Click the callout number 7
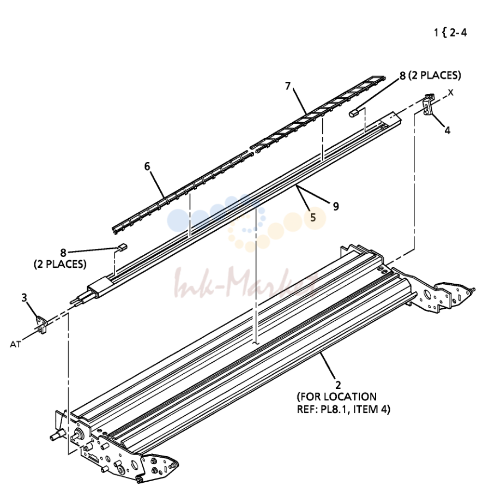288,86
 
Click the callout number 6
147,166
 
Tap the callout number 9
336,206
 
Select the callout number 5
313,217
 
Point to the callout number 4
448,130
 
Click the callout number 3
25,298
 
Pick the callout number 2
338,385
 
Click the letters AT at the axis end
15,344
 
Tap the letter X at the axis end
451,93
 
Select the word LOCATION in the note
354,397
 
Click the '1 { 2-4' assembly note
450,33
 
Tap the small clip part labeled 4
428,105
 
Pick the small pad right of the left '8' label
122,247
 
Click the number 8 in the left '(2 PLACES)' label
63,253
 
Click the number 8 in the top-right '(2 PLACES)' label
402,76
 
